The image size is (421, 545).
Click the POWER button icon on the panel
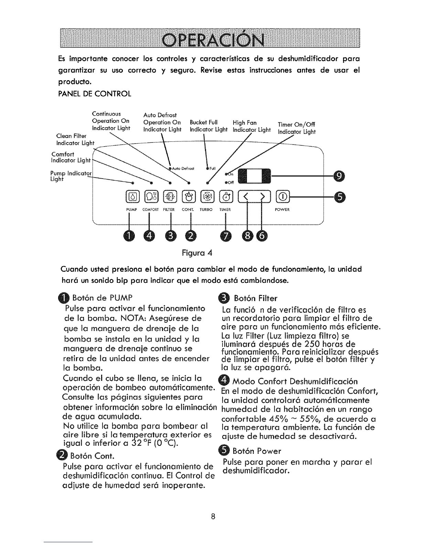pyautogui.click(x=282, y=196)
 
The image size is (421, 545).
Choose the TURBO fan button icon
pyautogui.click(x=207, y=196)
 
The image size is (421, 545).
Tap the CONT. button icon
pyautogui.click(x=188, y=196)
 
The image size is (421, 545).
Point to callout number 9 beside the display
pyautogui.click(x=339, y=176)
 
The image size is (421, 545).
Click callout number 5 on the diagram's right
pyautogui.click(x=339, y=196)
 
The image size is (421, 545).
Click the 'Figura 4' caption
pyautogui.click(x=197, y=253)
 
